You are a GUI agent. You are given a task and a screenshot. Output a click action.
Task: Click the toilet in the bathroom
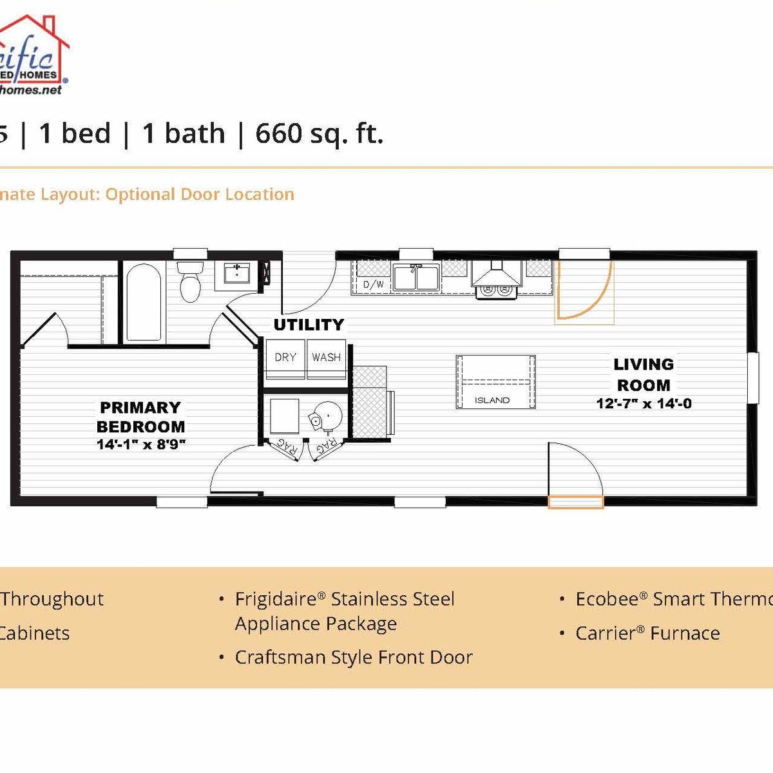[x=190, y=283]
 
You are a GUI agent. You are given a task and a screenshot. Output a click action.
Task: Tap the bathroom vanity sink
[x=238, y=273]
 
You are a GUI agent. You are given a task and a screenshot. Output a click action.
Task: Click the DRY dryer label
[x=285, y=357]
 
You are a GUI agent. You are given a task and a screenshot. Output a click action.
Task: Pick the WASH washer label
[x=326, y=357]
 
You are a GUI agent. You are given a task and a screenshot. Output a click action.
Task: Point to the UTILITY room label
[x=309, y=325]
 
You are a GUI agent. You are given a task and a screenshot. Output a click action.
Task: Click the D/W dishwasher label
[x=374, y=284]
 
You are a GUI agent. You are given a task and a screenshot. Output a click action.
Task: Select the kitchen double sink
[x=416, y=278]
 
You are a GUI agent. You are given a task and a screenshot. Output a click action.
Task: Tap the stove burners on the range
[x=496, y=291]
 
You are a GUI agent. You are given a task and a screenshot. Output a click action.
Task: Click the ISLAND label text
[x=492, y=400]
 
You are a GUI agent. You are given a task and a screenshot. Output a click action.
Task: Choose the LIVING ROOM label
[x=644, y=374]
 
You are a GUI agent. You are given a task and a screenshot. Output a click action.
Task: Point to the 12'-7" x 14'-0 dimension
[x=644, y=404]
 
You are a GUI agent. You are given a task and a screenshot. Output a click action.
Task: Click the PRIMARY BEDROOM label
[x=140, y=417]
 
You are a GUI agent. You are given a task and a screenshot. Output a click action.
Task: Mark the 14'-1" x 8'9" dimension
[x=141, y=444]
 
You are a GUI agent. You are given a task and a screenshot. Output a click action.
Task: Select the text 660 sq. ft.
[x=319, y=133]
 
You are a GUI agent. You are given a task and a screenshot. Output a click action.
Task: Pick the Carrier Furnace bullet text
[x=647, y=633]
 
